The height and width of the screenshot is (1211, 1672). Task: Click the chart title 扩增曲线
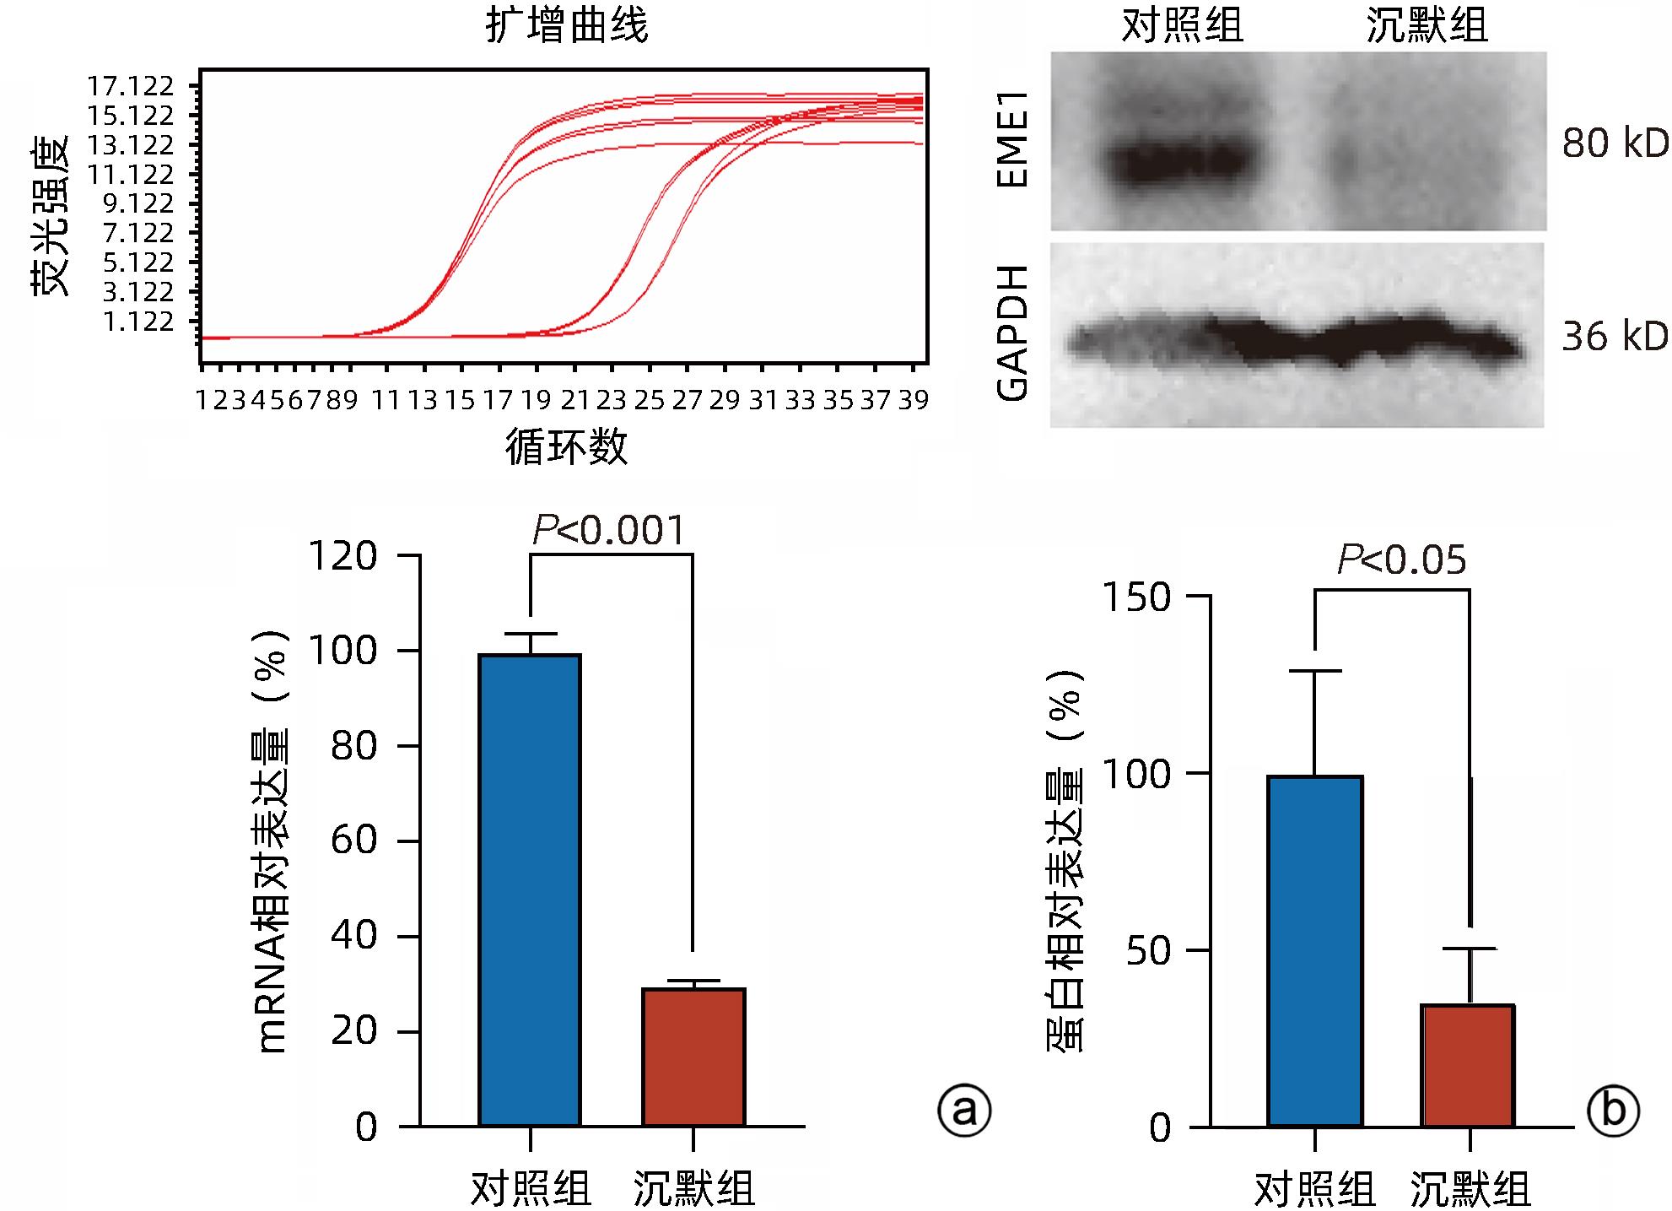point(567,26)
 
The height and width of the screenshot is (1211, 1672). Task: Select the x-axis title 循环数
point(566,446)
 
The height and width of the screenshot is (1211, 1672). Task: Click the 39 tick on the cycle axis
point(913,400)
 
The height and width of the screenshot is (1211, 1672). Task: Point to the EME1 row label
point(1013,140)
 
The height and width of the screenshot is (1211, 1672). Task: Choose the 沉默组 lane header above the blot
point(1427,26)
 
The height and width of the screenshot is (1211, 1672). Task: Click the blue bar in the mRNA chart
point(530,889)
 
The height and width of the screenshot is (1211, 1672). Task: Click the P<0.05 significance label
point(1401,561)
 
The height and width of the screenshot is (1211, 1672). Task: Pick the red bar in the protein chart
point(1468,1065)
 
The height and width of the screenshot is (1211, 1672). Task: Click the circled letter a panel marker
point(962,1111)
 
